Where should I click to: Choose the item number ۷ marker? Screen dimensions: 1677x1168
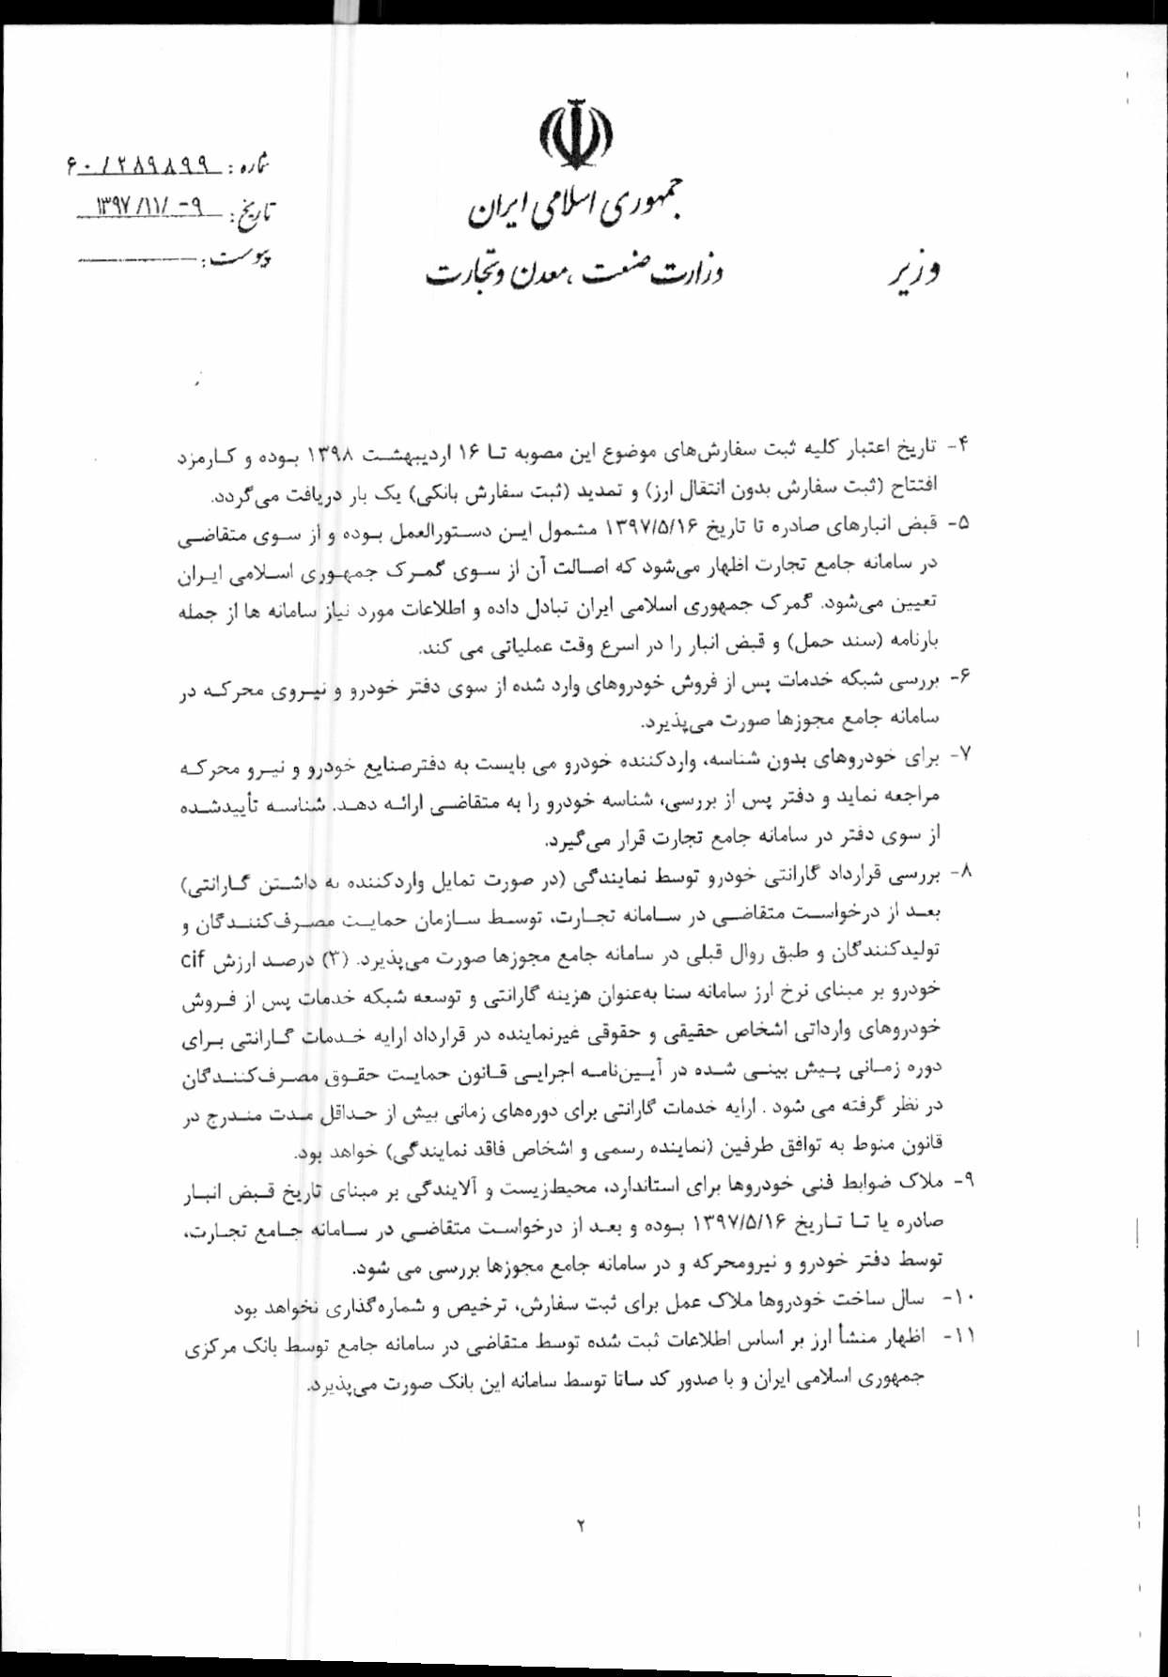tap(959, 753)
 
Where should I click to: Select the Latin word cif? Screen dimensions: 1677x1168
tap(193, 959)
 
